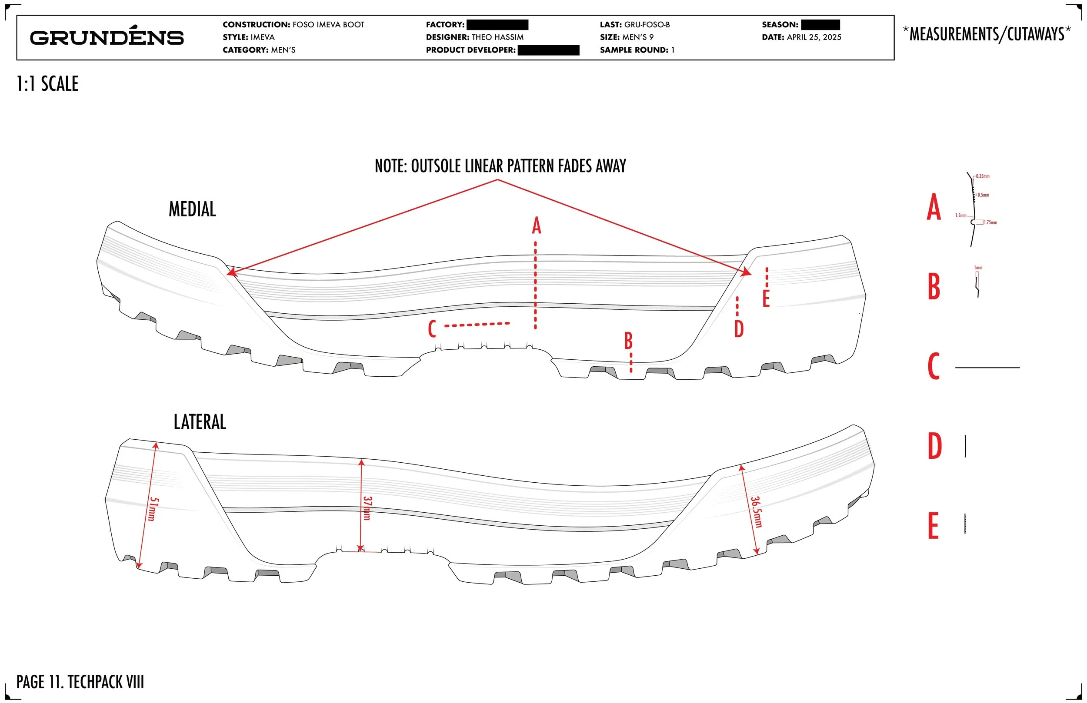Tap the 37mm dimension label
(367, 508)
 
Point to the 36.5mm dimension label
(756, 512)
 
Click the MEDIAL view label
(192, 209)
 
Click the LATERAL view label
(200, 422)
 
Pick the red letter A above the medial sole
(536, 226)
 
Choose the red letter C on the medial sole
(432, 328)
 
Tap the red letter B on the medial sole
(628, 341)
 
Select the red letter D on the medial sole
(739, 328)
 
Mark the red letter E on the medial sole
(766, 299)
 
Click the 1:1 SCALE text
(47, 84)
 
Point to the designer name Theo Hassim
(497, 37)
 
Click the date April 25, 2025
(814, 37)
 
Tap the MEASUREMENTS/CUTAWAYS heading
(987, 34)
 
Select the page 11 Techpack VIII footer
(80, 682)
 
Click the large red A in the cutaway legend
(934, 207)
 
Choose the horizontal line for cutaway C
(987, 368)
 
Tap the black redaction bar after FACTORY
(497, 25)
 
